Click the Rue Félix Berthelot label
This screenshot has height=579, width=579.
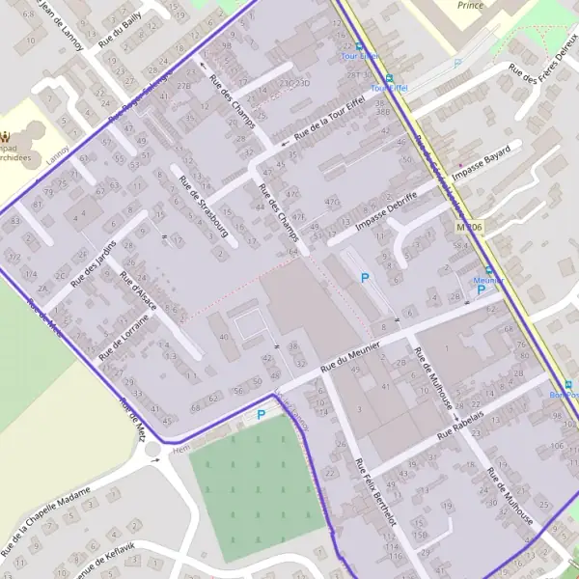click(374, 492)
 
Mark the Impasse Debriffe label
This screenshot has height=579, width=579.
click(387, 210)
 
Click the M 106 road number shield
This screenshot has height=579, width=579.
click(469, 227)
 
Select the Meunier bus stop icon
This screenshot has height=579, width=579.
click(488, 270)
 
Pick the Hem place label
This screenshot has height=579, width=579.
click(179, 449)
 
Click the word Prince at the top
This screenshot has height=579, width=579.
click(471, 5)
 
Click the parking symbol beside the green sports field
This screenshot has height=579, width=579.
click(261, 415)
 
